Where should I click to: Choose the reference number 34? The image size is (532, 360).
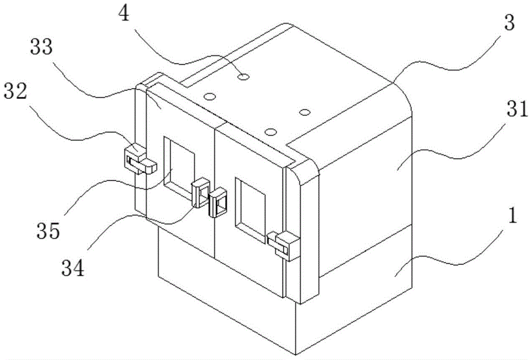pyautogui.click(x=73, y=269)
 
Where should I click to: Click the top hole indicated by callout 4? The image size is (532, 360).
pyautogui.click(x=244, y=77)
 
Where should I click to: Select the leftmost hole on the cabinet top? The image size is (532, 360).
pyautogui.click(x=210, y=96)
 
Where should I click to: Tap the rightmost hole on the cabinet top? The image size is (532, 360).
pyautogui.click(x=304, y=112)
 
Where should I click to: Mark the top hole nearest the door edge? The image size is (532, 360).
pyautogui.click(x=270, y=131)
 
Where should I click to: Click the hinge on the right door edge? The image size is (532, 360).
pyautogui.click(x=282, y=245)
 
